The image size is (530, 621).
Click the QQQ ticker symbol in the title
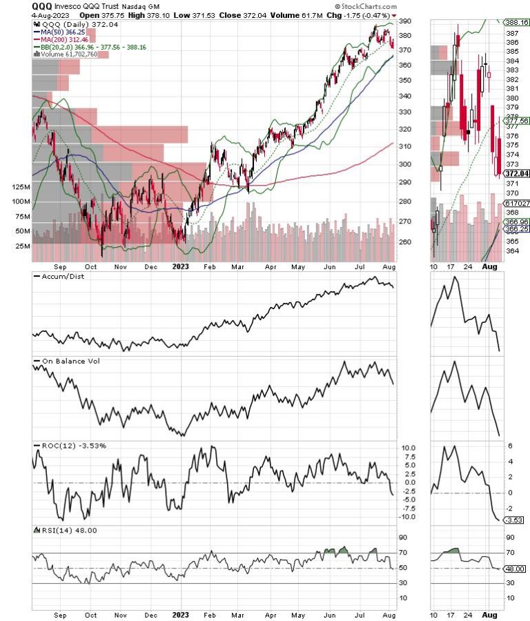41,6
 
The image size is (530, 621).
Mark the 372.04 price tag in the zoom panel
517,173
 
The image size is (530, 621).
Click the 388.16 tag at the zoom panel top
517,22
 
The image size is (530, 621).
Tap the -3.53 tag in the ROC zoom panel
516,520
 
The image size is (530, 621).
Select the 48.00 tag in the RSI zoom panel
517,569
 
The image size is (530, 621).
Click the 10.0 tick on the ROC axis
409,448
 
